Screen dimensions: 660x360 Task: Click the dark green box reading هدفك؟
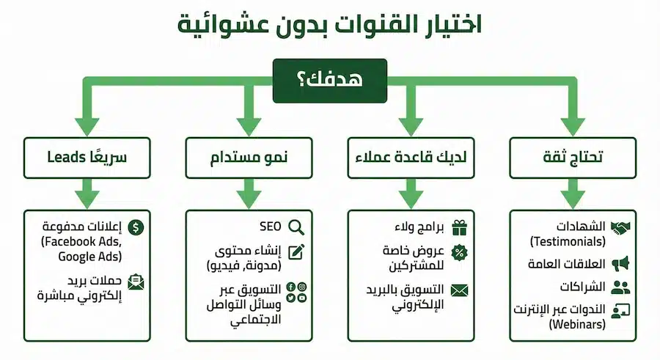click(x=330, y=81)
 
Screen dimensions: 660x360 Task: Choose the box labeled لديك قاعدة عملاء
click(x=411, y=157)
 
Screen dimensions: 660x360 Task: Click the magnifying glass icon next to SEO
click(x=296, y=227)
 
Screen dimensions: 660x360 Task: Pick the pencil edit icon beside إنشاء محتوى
click(x=296, y=251)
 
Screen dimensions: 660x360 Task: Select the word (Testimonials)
click(x=568, y=240)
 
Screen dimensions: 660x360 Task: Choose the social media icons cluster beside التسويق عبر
click(x=296, y=291)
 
